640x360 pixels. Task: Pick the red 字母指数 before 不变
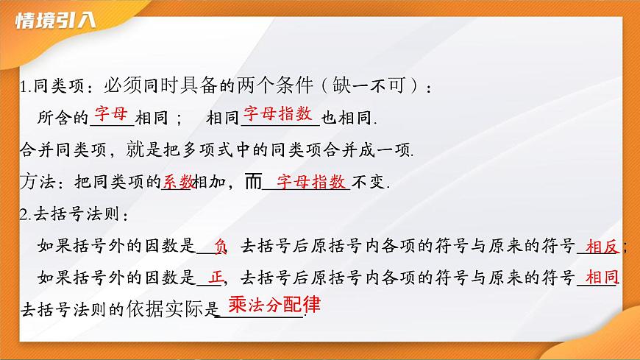click(311, 181)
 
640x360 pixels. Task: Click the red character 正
click(216, 278)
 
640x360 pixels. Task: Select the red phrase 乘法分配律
click(274, 305)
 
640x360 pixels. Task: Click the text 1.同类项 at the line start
click(47, 87)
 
